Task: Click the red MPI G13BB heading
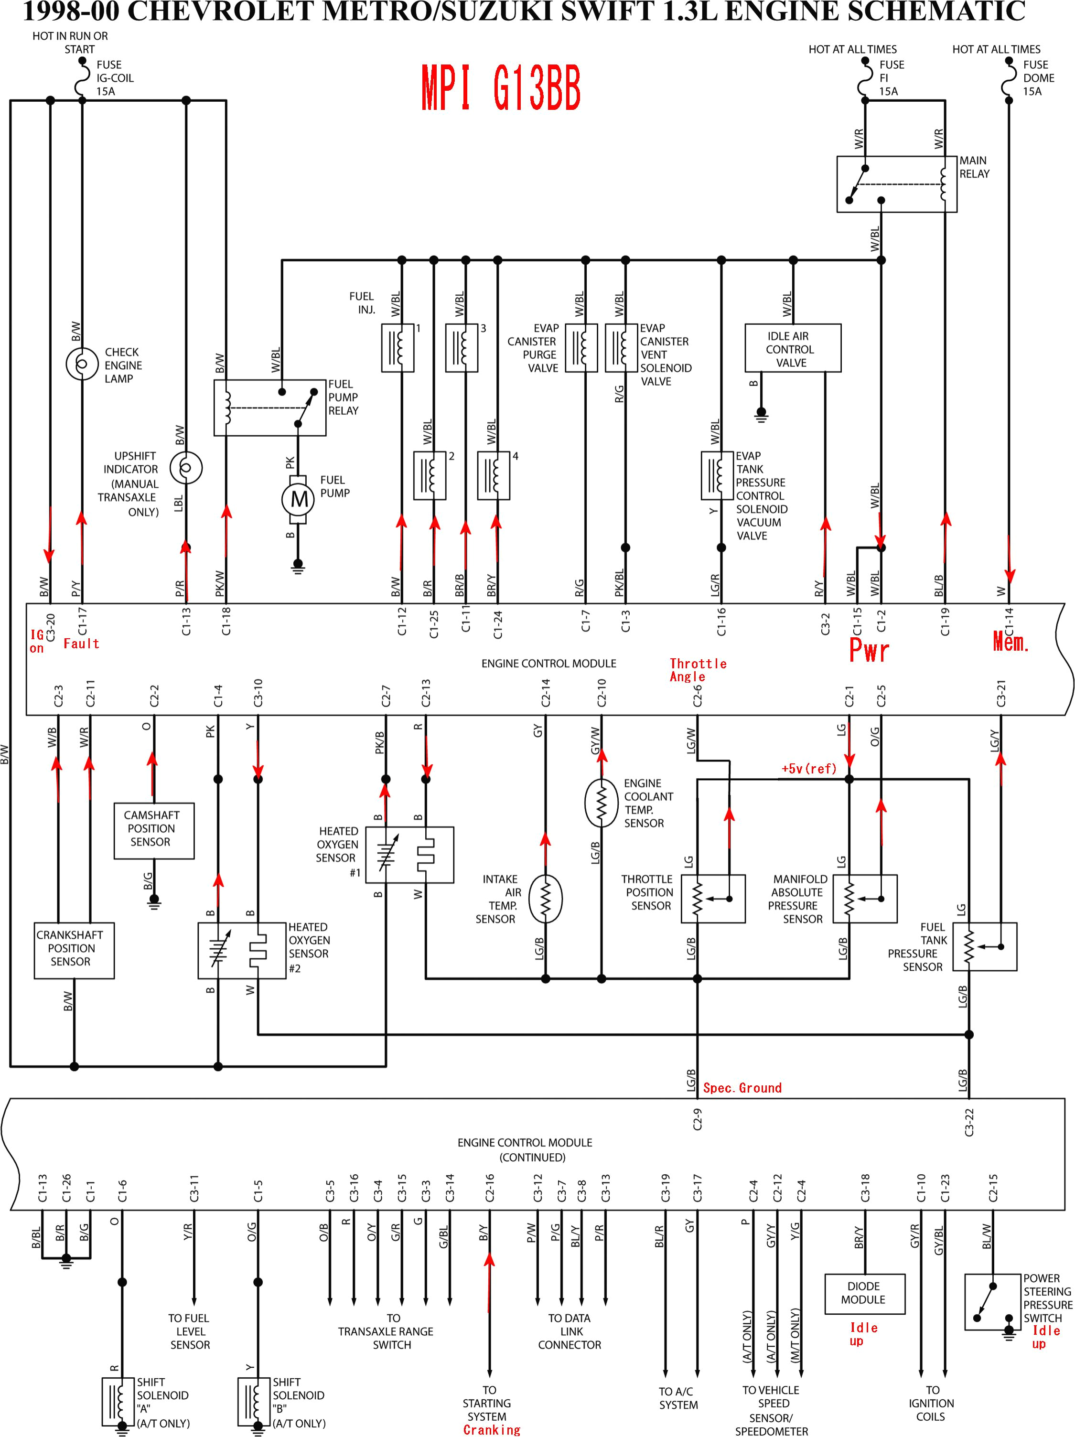tap(500, 88)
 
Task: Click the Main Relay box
tap(896, 184)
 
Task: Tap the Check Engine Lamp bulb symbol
tap(82, 364)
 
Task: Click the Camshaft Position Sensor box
tap(153, 830)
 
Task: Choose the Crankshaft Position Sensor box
tap(74, 950)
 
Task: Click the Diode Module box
tap(863, 1293)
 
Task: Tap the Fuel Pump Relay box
tap(269, 408)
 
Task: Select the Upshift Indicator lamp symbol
tap(186, 468)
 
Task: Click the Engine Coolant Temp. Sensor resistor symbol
tap(601, 803)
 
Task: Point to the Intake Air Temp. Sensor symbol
tap(545, 899)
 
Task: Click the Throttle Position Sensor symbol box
tap(712, 899)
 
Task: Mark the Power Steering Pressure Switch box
tap(992, 1302)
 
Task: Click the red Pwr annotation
tap(869, 650)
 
